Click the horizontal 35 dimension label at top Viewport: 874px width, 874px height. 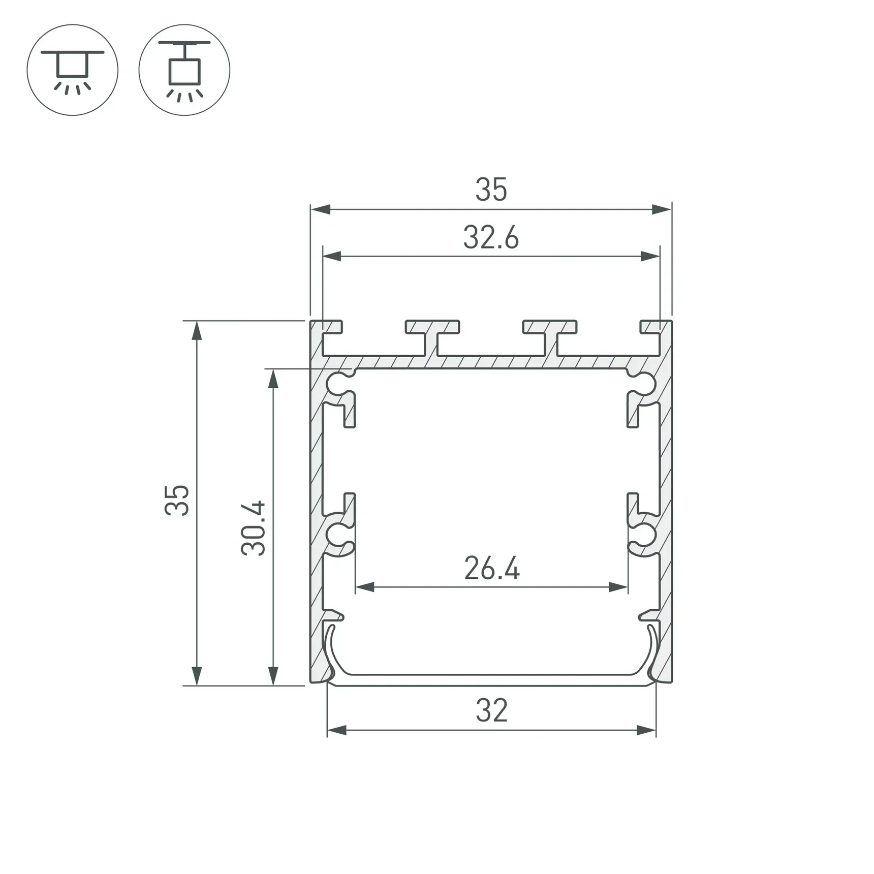491,190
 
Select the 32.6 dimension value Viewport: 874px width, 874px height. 491,238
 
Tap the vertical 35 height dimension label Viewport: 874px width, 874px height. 177,500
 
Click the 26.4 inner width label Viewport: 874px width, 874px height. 492,569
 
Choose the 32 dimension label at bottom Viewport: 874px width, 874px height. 491,711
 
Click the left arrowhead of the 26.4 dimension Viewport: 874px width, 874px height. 364,587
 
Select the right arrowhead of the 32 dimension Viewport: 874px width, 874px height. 647,731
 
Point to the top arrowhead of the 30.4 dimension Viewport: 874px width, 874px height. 273,378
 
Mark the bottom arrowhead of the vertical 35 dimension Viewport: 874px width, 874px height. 197,676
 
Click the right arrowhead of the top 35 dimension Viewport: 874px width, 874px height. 662,209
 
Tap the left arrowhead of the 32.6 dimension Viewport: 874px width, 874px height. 332,256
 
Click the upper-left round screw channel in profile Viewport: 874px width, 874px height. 337,384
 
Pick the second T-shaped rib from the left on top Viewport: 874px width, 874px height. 432,335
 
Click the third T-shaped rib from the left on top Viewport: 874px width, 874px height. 550,335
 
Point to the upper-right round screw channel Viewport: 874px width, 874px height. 646,384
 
